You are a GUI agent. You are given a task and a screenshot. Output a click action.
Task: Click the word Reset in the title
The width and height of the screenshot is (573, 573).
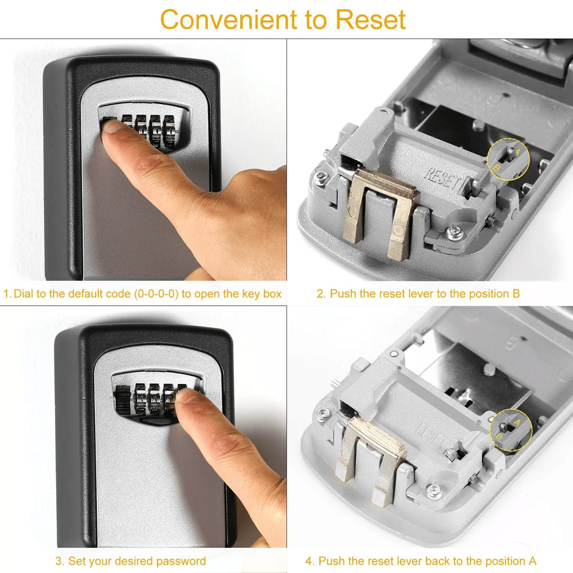[x=371, y=19]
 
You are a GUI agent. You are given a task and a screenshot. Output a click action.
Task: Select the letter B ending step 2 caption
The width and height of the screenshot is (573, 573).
[x=516, y=294]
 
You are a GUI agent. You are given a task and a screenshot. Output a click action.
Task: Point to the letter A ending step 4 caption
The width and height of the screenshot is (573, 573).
[x=533, y=561]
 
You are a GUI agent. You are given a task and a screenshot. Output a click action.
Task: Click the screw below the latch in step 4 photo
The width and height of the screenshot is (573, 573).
[x=434, y=490]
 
